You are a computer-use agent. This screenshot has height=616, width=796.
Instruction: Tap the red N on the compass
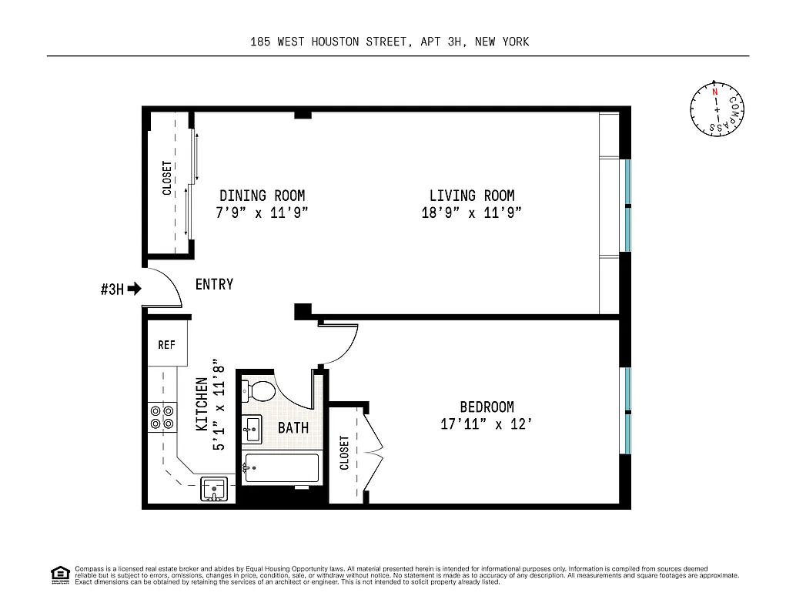(x=715, y=92)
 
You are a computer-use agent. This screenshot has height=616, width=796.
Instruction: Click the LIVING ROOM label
(x=471, y=196)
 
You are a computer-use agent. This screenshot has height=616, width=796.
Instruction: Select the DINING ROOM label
(x=262, y=196)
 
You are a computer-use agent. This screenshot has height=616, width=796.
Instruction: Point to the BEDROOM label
(x=487, y=407)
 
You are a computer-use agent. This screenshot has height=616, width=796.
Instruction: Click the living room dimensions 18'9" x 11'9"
(x=471, y=213)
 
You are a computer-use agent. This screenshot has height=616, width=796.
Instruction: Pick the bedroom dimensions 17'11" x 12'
(x=487, y=424)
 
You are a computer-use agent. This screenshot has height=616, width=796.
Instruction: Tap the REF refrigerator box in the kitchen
(x=167, y=344)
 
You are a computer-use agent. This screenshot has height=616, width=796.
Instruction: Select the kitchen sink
(x=214, y=489)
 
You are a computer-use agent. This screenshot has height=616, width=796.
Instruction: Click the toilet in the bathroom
(x=259, y=390)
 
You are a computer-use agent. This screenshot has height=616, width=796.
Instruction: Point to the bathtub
(x=281, y=468)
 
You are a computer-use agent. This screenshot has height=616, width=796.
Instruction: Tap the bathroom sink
(x=252, y=429)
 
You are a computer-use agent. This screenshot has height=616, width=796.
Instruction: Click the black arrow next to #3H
(x=135, y=290)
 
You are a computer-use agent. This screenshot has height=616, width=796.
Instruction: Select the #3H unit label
(x=112, y=290)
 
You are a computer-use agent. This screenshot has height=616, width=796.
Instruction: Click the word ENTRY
(x=214, y=284)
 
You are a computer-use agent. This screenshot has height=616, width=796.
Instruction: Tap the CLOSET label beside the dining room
(x=167, y=178)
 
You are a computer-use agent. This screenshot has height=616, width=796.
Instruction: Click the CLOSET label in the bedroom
(x=344, y=453)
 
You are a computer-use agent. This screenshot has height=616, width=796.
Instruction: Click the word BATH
(x=293, y=427)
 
